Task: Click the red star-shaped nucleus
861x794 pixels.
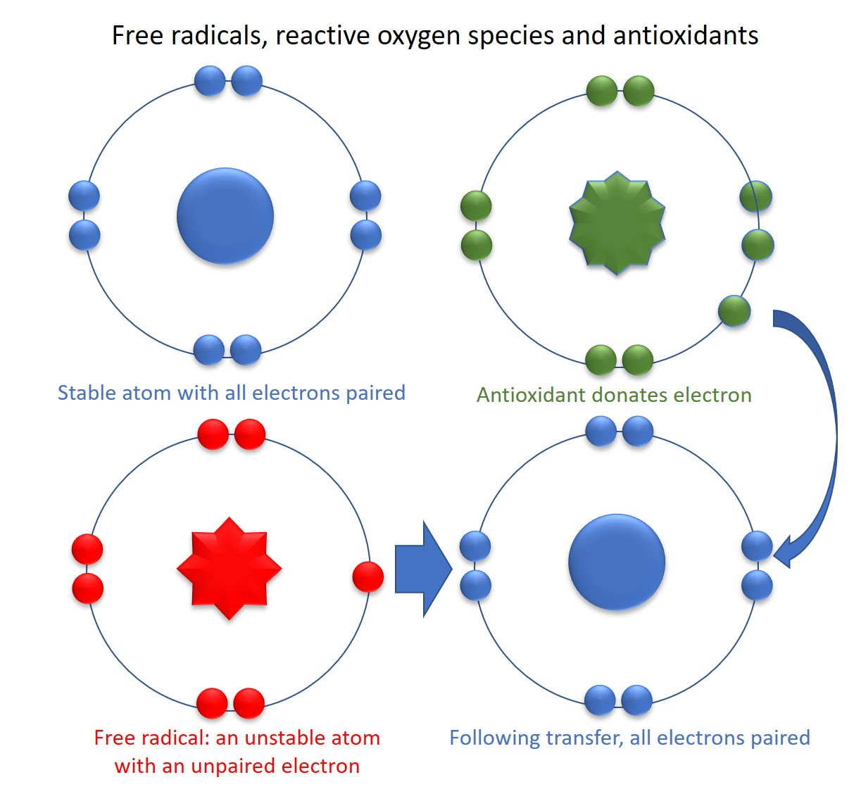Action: point(229,568)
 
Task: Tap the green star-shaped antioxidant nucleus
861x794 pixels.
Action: point(617,222)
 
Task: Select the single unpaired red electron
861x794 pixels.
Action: point(367,576)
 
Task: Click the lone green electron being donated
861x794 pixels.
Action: point(734,311)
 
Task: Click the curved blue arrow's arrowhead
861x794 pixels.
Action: point(786,553)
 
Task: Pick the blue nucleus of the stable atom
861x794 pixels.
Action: point(225,215)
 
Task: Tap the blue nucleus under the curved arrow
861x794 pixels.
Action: point(616,562)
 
